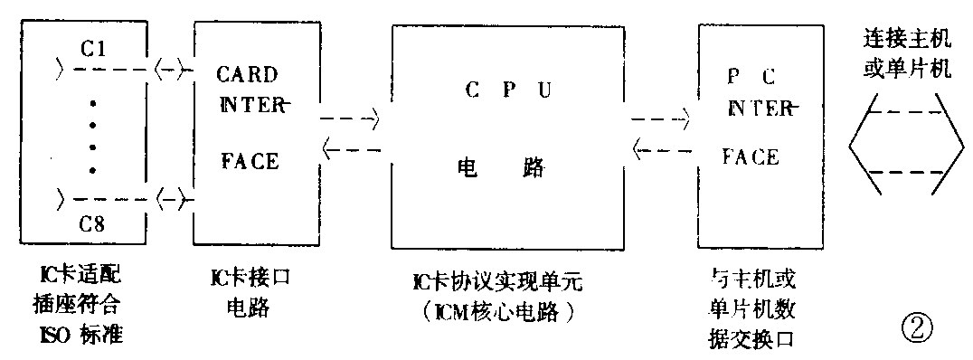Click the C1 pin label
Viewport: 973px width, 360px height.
(95, 50)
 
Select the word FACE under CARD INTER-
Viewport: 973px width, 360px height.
(250, 162)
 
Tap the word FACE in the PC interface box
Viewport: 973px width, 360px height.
(750, 157)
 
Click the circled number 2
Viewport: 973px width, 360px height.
(915, 323)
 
